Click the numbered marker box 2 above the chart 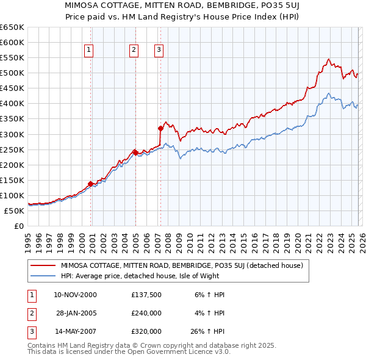pos(134,50)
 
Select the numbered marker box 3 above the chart pos(159,50)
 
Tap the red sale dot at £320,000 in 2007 pos(160,128)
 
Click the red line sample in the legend pos(43,265)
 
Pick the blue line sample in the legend pos(43,276)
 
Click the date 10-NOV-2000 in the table pos(75,295)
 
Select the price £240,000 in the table pos(146,312)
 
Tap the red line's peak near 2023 pos(328,59)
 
